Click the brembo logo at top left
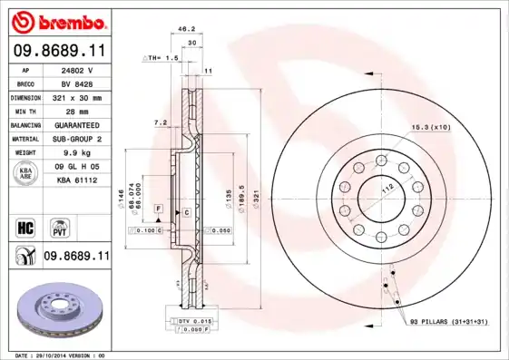point(56,20)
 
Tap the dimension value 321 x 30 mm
point(76,96)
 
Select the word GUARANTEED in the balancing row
point(76,124)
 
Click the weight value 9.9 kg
point(76,152)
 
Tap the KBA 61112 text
point(76,180)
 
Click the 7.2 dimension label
point(160,122)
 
